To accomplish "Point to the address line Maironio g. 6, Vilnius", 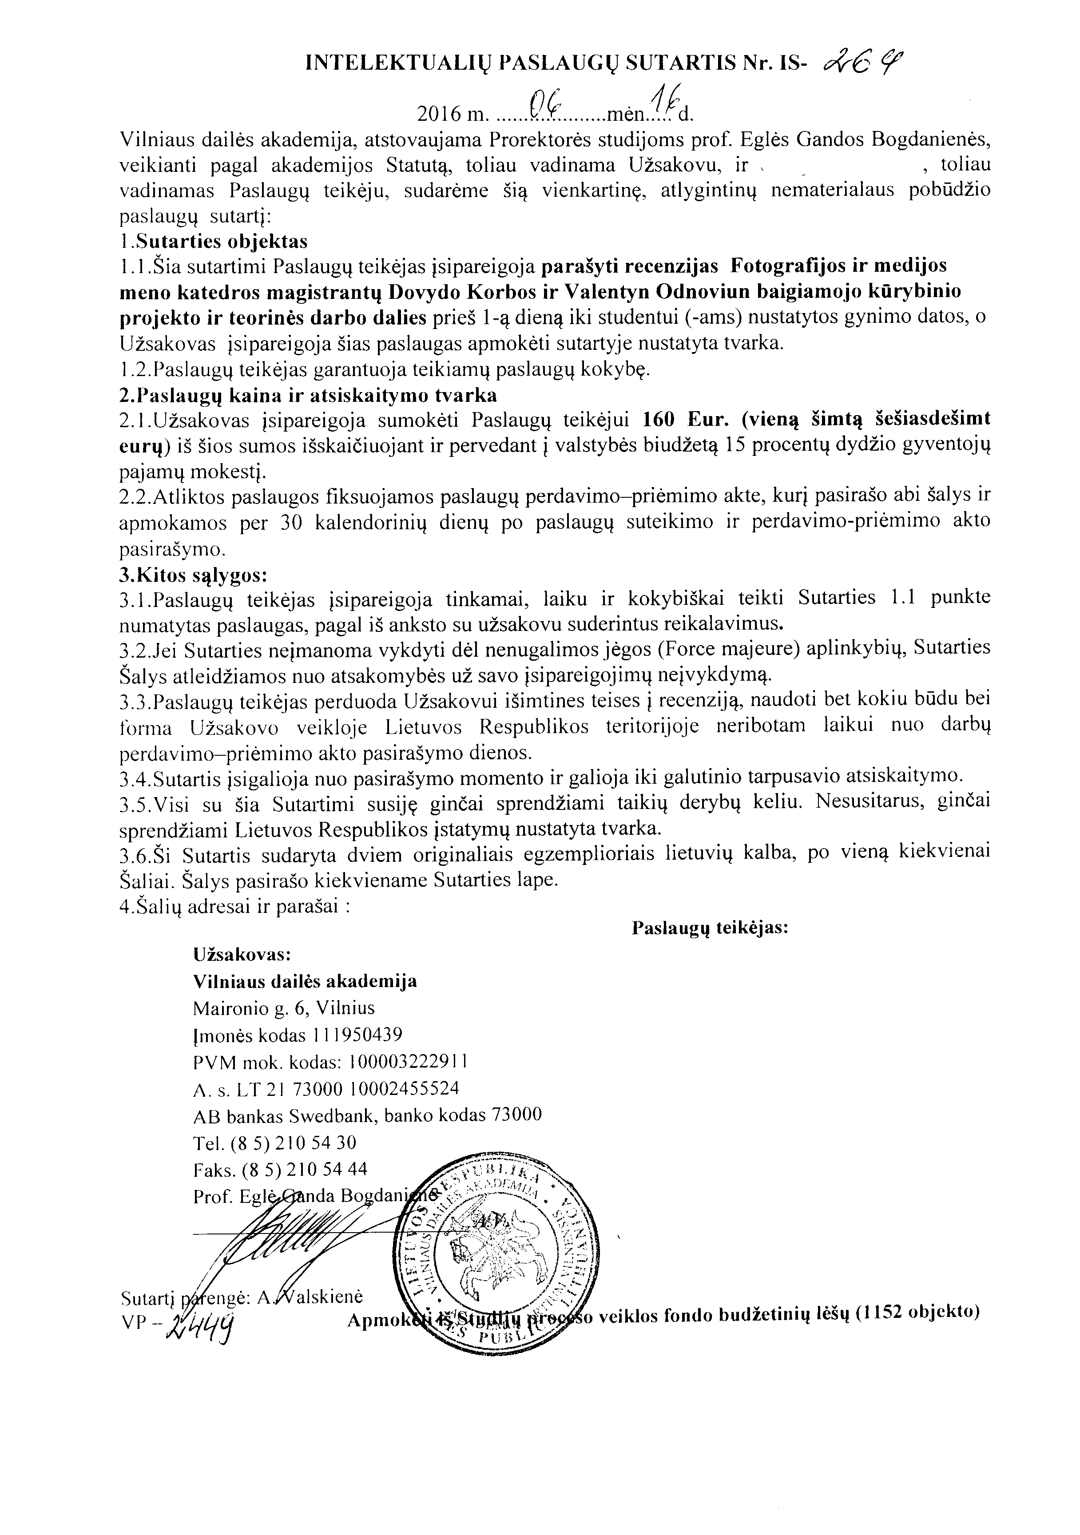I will tap(283, 1007).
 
